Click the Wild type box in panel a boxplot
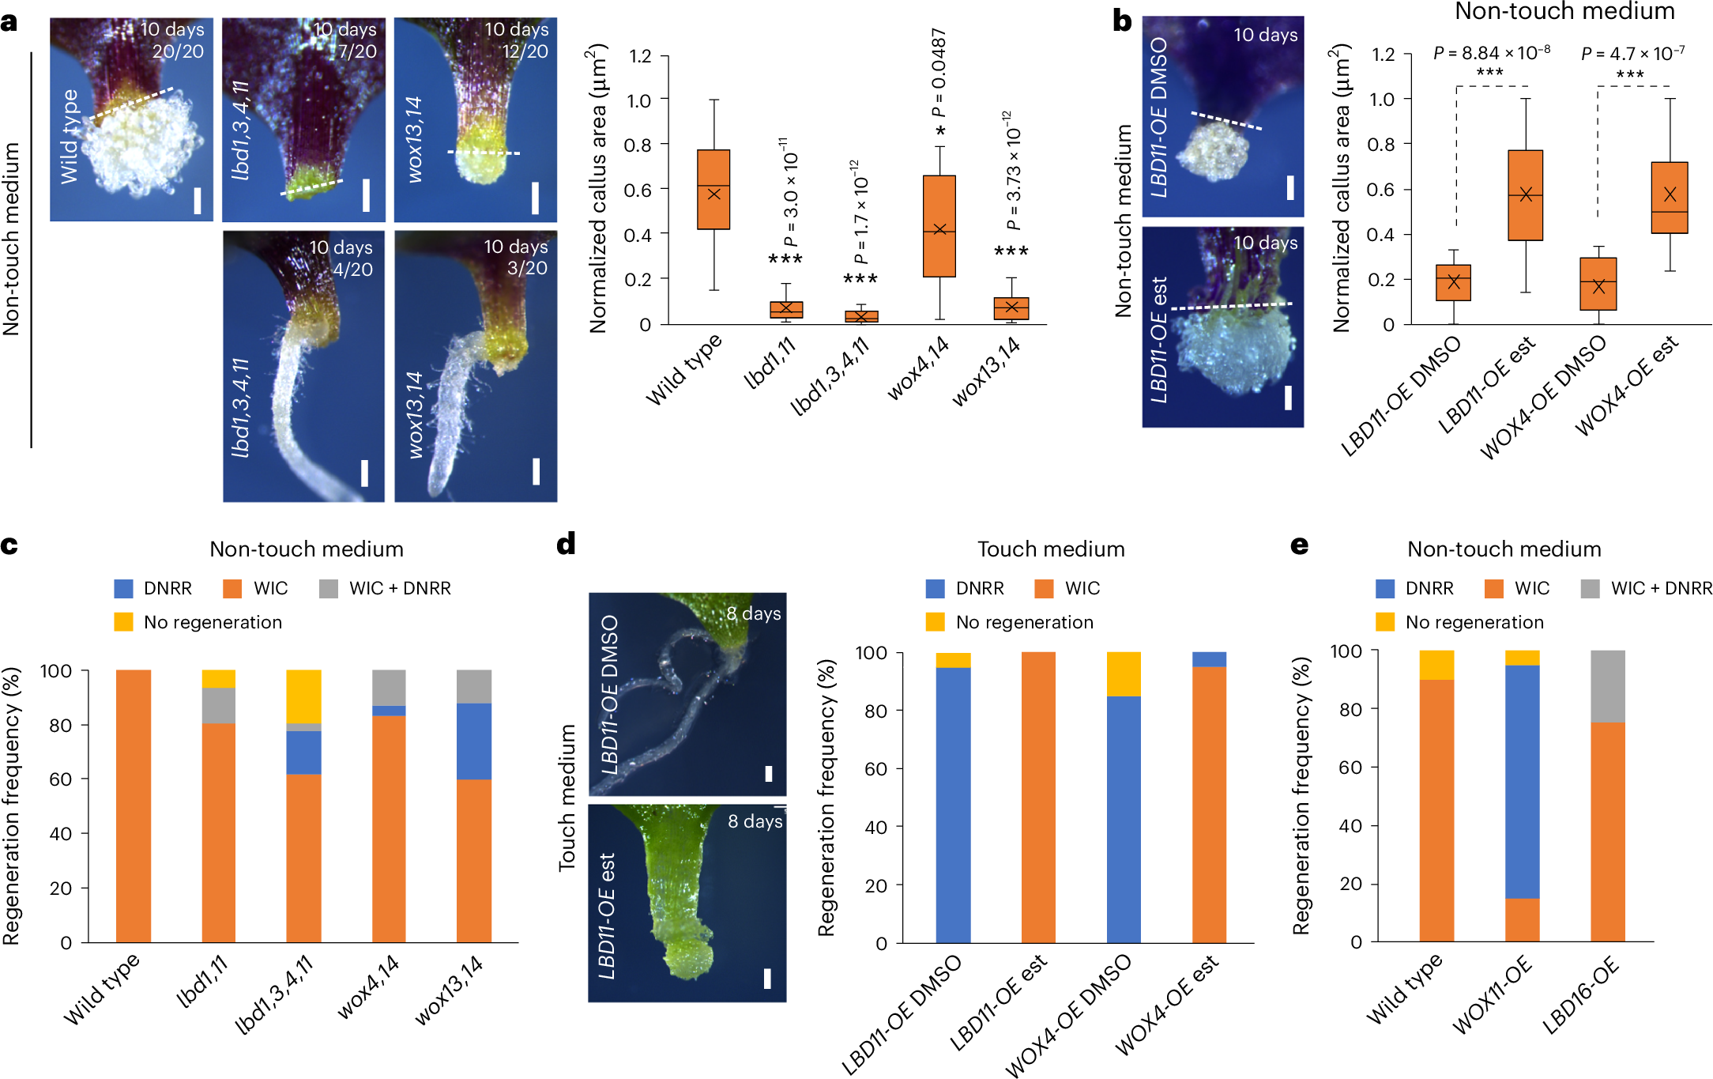[713, 190]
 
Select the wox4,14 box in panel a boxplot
[939, 226]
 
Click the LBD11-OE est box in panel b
[1525, 195]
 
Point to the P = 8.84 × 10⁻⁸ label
[1491, 53]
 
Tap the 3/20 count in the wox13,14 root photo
[526, 268]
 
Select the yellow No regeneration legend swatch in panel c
[123, 622]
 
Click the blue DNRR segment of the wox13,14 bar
[474, 741]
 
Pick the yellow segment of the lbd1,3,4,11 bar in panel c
[303, 696]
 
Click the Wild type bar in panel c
[133, 806]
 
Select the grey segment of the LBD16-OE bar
[1607, 685]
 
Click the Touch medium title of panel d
[1050, 549]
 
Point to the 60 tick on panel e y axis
[1350, 767]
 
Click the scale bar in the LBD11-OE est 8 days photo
[766, 979]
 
